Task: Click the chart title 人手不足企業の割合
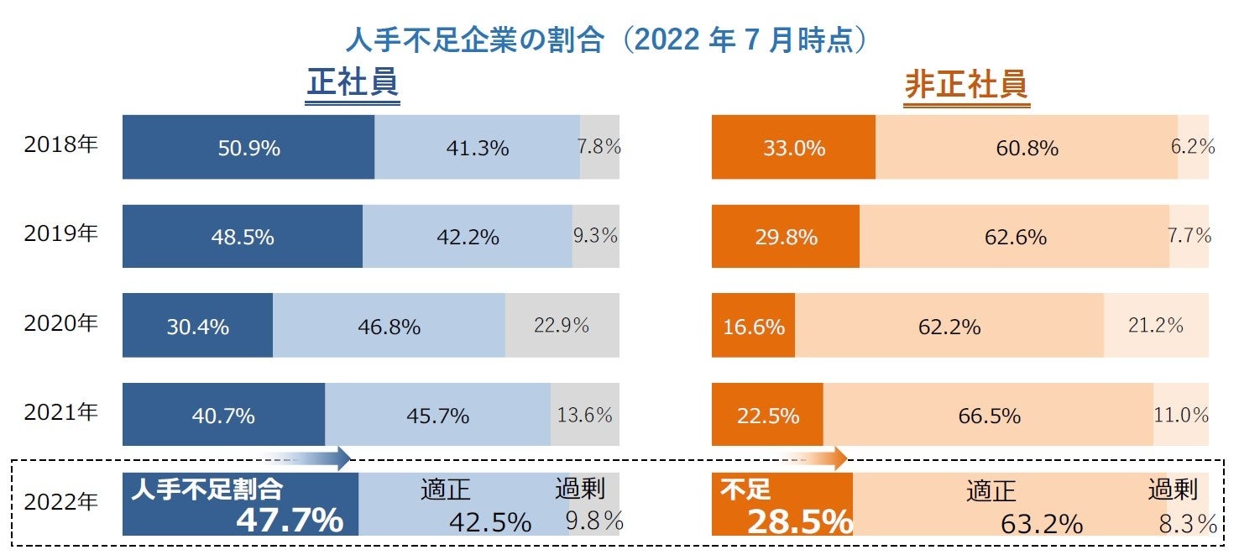[x=474, y=40]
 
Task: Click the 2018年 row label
[x=61, y=144]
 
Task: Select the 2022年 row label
[x=61, y=502]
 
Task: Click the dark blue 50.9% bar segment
[x=248, y=148]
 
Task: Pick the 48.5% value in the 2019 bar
[x=242, y=237]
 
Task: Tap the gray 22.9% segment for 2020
[x=562, y=325]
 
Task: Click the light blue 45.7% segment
[x=437, y=415]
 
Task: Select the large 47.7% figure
[x=289, y=521]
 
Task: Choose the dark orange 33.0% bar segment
[x=793, y=148]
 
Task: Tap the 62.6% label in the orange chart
[x=1016, y=237]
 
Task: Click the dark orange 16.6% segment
[x=753, y=326]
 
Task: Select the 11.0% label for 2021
[x=1181, y=415]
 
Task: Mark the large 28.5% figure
[x=799, y=521]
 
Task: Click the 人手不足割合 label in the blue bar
[x=206, y=490]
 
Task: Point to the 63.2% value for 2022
[x=1041, y=523]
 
